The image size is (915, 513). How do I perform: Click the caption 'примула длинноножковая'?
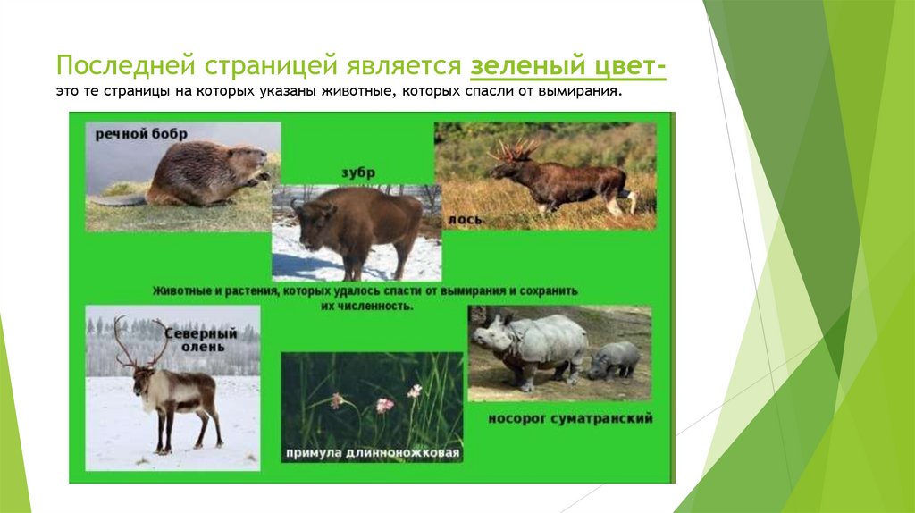pos(373,453)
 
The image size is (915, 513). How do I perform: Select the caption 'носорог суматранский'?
pos(570,417)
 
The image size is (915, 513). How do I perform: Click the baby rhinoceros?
pos(615,359)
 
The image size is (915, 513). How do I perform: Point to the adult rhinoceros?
pos(531,344)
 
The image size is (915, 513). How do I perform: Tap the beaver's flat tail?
pos(116,200)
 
